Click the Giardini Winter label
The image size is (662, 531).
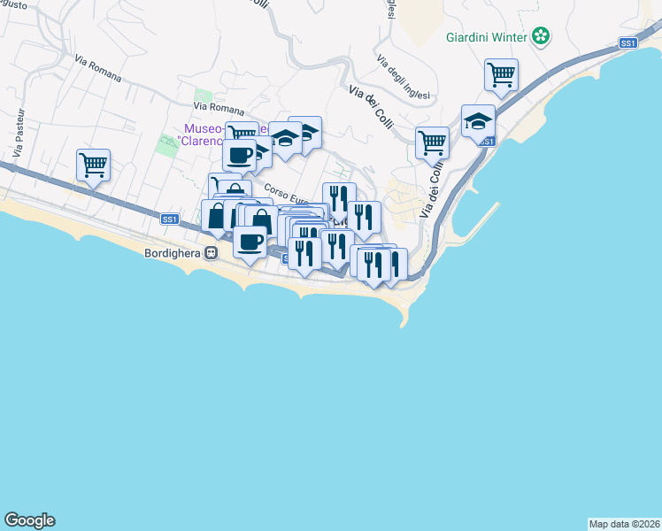coord(486,37)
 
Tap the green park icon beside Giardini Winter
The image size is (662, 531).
coord(541,37)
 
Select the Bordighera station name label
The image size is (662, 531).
coord(173,253)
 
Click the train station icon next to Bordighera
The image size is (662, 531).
coord(211,253)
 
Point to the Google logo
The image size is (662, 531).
coord(29,520)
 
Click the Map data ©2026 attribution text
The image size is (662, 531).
coord(624,523)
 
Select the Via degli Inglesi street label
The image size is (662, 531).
coord(403,78)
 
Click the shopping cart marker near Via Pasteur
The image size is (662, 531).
coord(93,164)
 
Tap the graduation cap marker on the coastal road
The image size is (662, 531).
coord(478,120)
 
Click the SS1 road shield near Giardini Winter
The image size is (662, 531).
coord(627,42)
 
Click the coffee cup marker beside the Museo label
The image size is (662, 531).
coord(239,155)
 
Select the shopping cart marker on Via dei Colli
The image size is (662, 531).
coord(432,142)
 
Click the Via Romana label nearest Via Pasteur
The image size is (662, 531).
coord(97,69)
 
